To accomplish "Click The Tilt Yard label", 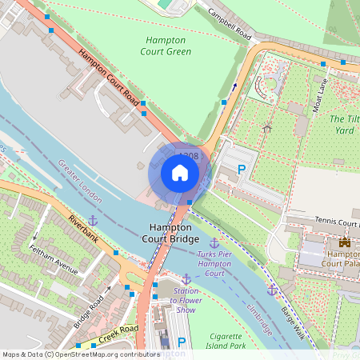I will [343, 124].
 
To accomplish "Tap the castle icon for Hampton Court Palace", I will [346, 242].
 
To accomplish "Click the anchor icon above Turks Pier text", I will [214, 242].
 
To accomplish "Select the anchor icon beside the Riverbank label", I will [92, 219].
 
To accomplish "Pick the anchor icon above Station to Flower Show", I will [186, 278].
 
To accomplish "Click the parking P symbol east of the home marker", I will [242, 169].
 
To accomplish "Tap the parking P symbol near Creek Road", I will [181, 342].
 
